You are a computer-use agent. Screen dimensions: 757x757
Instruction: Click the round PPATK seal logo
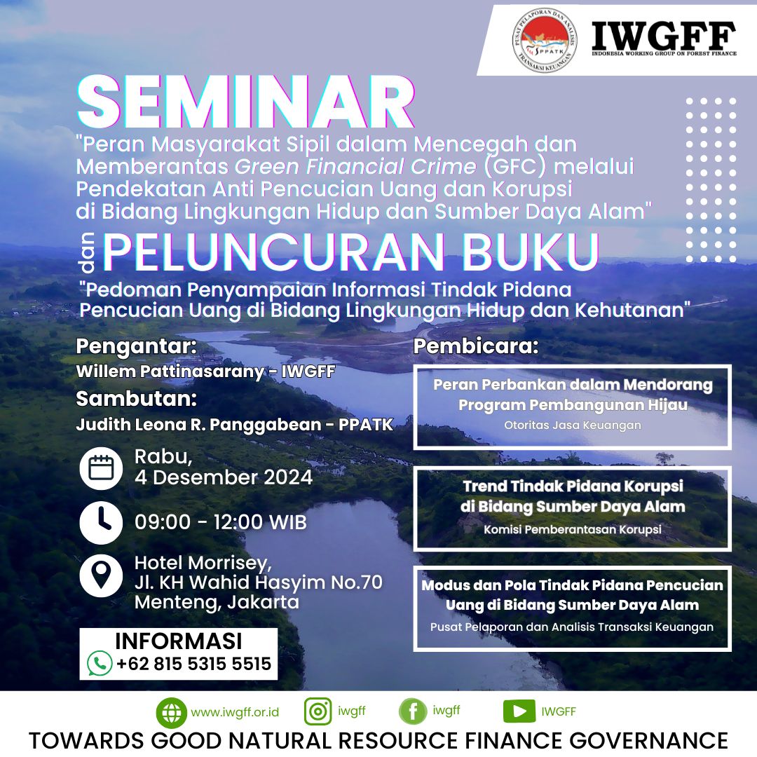(x=545, y=40)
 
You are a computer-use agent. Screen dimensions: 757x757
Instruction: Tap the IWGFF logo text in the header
(x=664, y=36)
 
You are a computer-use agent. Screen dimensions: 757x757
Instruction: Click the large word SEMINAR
(x=246, y=102)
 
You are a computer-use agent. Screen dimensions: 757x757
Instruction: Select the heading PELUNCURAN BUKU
(x=351, y=252)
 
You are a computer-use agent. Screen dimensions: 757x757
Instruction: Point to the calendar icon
(x=101, y=468)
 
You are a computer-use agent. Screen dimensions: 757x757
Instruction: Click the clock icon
(x=101, y=523)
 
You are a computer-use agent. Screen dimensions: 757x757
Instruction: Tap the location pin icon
(x=101, y=576)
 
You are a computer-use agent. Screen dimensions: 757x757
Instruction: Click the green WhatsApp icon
(x=100, y=663)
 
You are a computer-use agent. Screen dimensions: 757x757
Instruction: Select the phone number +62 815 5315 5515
(x=193, y=664)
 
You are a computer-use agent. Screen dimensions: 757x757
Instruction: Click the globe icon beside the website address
(x=172, y=713)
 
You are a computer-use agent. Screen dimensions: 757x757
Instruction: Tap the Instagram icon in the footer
(x=318, y=711)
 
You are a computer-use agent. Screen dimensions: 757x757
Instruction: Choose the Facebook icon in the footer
(x=413, y=711)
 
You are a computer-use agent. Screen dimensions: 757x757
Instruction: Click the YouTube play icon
(x=519, y=711)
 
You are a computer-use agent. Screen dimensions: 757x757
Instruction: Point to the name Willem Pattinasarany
(x=170, y=371)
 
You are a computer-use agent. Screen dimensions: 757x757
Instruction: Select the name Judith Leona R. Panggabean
(x=198, y=424)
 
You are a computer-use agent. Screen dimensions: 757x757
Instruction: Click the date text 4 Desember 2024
(x=224, y=477)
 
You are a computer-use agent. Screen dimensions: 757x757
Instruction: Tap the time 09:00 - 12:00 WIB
(x=221, y=522)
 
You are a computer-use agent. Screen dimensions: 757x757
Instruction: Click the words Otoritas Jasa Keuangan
(x=573, y=425)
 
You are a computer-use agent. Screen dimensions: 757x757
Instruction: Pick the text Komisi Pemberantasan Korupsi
(x=573, y=530)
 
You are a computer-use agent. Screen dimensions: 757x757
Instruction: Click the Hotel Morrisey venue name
(x=203, y=563)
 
